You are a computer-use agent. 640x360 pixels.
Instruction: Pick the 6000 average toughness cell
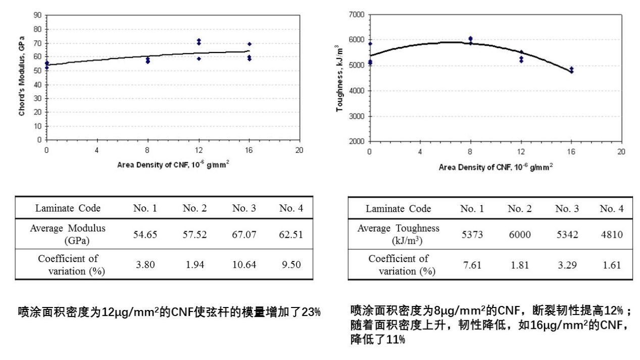click(520, 233)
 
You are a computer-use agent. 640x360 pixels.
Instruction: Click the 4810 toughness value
click(611, 233)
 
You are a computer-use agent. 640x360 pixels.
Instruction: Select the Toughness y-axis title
click(339, 78)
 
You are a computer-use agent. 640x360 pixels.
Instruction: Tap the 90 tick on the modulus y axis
click(37, 15)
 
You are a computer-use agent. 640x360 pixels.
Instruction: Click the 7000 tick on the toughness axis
click(357, 15)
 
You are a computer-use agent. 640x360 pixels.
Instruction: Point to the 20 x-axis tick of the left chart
click(300, 150)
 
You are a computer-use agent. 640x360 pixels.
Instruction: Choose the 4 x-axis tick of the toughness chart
click(420, 151)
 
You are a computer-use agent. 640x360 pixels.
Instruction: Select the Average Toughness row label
click(399, 233)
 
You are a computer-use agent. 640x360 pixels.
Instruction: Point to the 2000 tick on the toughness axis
click(357, 141)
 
